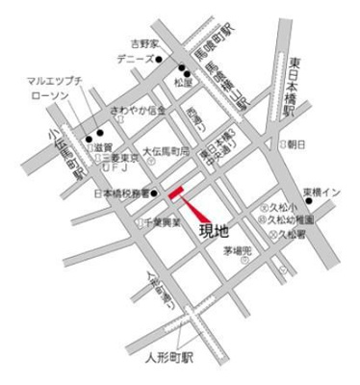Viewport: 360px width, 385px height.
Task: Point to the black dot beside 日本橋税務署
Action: [x=154, y=192]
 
